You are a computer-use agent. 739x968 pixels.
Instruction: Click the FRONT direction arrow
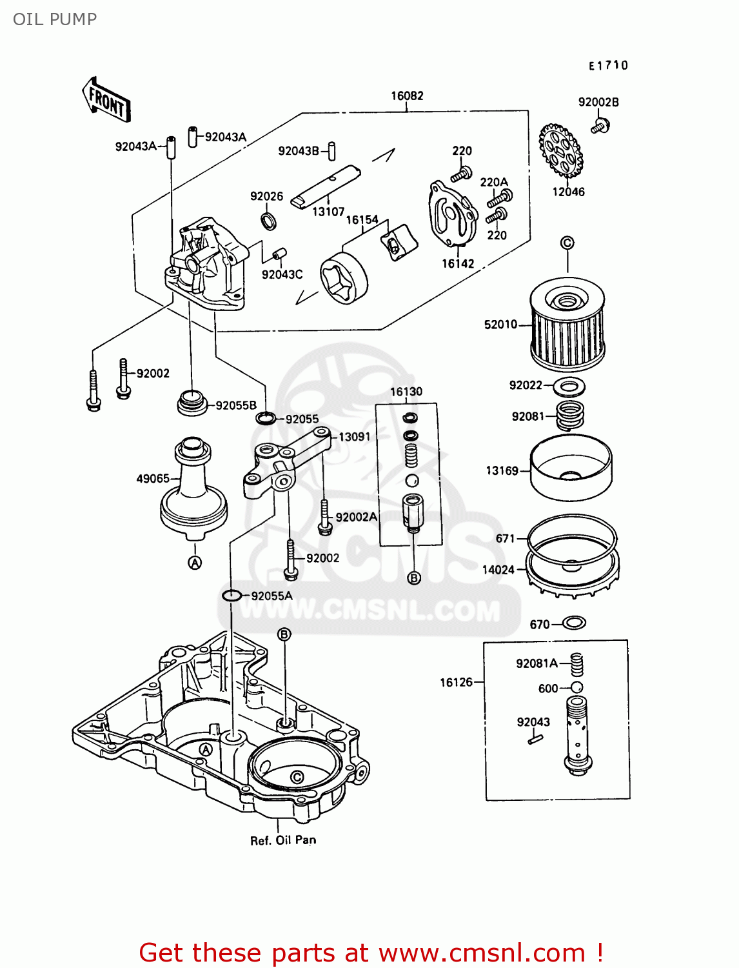coord(107,101)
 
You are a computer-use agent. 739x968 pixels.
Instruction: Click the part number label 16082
coord(407,96)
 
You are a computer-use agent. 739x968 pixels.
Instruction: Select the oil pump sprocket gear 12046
coord(560,150)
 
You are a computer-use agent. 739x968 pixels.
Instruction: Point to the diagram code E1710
coord(607,65)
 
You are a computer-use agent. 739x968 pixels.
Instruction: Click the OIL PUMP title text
coord(55,19)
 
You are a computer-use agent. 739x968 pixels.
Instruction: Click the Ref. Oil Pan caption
coord(283,840)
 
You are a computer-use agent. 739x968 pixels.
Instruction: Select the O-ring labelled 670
coord(574,623)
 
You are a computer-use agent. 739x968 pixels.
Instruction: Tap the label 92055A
coord(271,596)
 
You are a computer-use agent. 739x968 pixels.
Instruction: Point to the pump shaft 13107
coord(326,188)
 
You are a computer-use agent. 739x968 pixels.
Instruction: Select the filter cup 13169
coord(570,467)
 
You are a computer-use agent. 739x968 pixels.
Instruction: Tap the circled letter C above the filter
coord(567,243)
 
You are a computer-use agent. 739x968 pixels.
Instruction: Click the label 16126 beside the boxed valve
coord(456,682)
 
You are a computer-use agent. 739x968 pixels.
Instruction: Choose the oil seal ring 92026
coord(269,221)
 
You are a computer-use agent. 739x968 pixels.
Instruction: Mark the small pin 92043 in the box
coord(535,740)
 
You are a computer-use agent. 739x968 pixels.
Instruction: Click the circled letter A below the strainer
coord(195,563)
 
